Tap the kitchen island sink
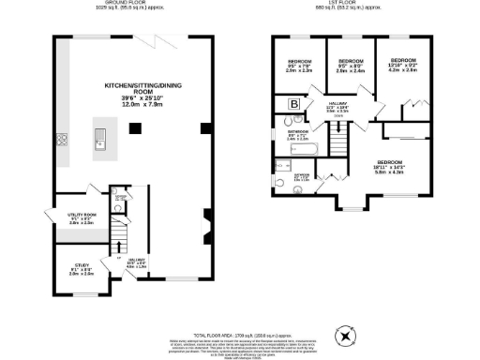(97, 142)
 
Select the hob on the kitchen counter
(62, 142)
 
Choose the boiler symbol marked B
(293, 104)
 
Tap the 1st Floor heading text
(353, 4)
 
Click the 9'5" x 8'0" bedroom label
(350, 67)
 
